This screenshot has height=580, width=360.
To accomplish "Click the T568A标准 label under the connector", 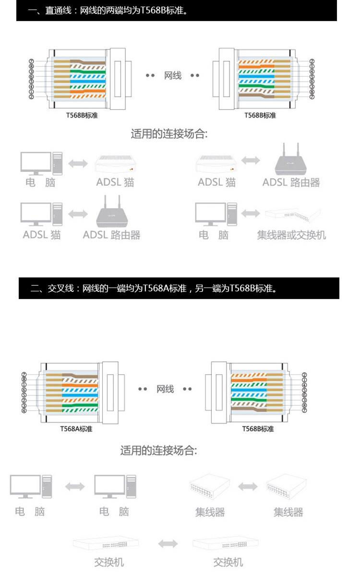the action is pyautogui.click(x=76, y=429).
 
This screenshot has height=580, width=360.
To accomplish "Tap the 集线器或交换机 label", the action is pyautogui.click(x=291, y=235).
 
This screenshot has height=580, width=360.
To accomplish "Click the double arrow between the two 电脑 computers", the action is pyautogui.click(x=74, y=487).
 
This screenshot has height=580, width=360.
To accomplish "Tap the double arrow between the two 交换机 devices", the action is pyautogui.click(x=168, y=544).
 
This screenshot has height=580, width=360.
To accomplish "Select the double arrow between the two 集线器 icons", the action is pyautogui.click(x=248, y=487).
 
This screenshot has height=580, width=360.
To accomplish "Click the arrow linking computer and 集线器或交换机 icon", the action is pyautogui.click(x=250, y=213).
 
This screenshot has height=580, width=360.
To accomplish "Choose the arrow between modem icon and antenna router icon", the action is pyautogui.click(x=250, y=160).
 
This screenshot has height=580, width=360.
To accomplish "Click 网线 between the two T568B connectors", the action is pyautogui.click(x=173, y=75).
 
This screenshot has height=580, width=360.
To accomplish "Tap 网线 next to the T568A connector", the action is pyautogui.click(x=165, y=389).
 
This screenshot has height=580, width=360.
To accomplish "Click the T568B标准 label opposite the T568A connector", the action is pyautogui.click(x=258, y=429).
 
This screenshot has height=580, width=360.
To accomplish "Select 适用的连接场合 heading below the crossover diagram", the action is pyautogui.click(x=158, y=451).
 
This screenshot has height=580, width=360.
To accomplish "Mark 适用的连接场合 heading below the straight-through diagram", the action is pyautogui.click(x=169, y=134).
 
